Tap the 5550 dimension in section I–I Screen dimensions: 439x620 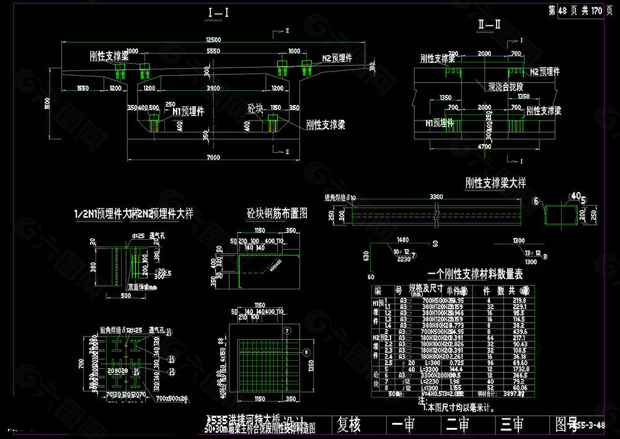[213, 51]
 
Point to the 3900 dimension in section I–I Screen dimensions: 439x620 [213, 89]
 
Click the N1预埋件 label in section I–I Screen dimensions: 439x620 [188, 112]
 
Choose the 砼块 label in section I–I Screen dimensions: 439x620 [255, 107]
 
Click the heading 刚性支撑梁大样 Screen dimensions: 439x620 [495, 183]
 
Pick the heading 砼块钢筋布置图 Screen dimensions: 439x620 [277, 214]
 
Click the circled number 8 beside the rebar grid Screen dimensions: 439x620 [305, 351]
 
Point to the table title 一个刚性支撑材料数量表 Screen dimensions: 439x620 [476, 273]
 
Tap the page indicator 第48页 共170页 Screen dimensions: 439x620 [577, 11]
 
